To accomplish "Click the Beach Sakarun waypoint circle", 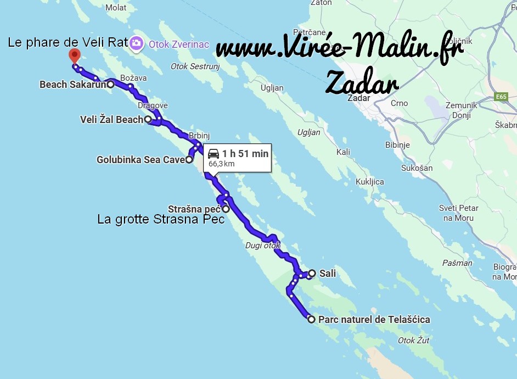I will tap(110, 84).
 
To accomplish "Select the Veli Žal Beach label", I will tap(111, 119).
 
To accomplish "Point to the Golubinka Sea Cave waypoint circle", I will tap(189, 160).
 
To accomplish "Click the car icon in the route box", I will tap(213, 154).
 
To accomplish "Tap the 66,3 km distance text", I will tap(221, 164).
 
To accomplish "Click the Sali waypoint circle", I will tap(312, 273).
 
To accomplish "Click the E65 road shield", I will tap(500, 97).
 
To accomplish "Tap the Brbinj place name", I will tap(199, 135).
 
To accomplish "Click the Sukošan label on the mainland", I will tap(417, 168).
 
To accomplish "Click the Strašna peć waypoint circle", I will tap(226, 209).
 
